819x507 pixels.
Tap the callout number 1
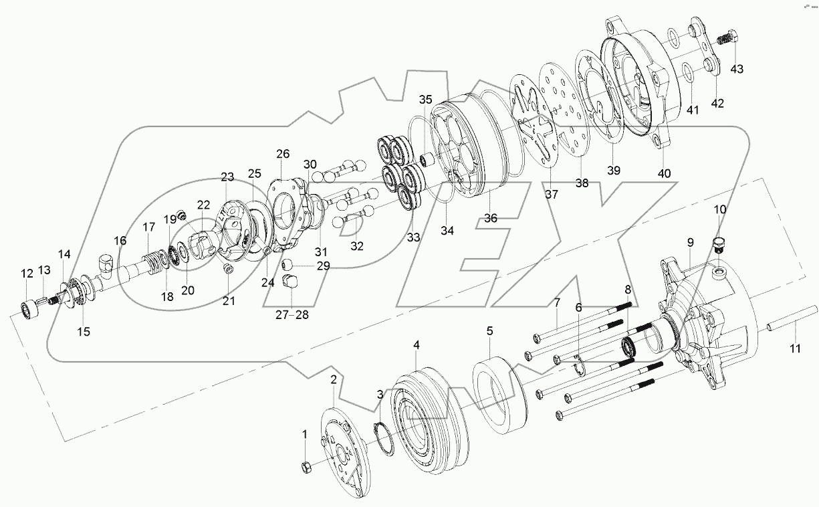tap(304, 434)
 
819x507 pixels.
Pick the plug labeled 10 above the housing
tap(719, 242)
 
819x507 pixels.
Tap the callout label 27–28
tap(292, 315)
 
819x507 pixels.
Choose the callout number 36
tap(492, 218)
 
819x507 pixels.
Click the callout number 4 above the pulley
tap(417, 345)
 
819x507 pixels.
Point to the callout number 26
tap(282, 154)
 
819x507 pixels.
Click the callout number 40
tap(664, 173)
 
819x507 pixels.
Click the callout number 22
tap(203, 204)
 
